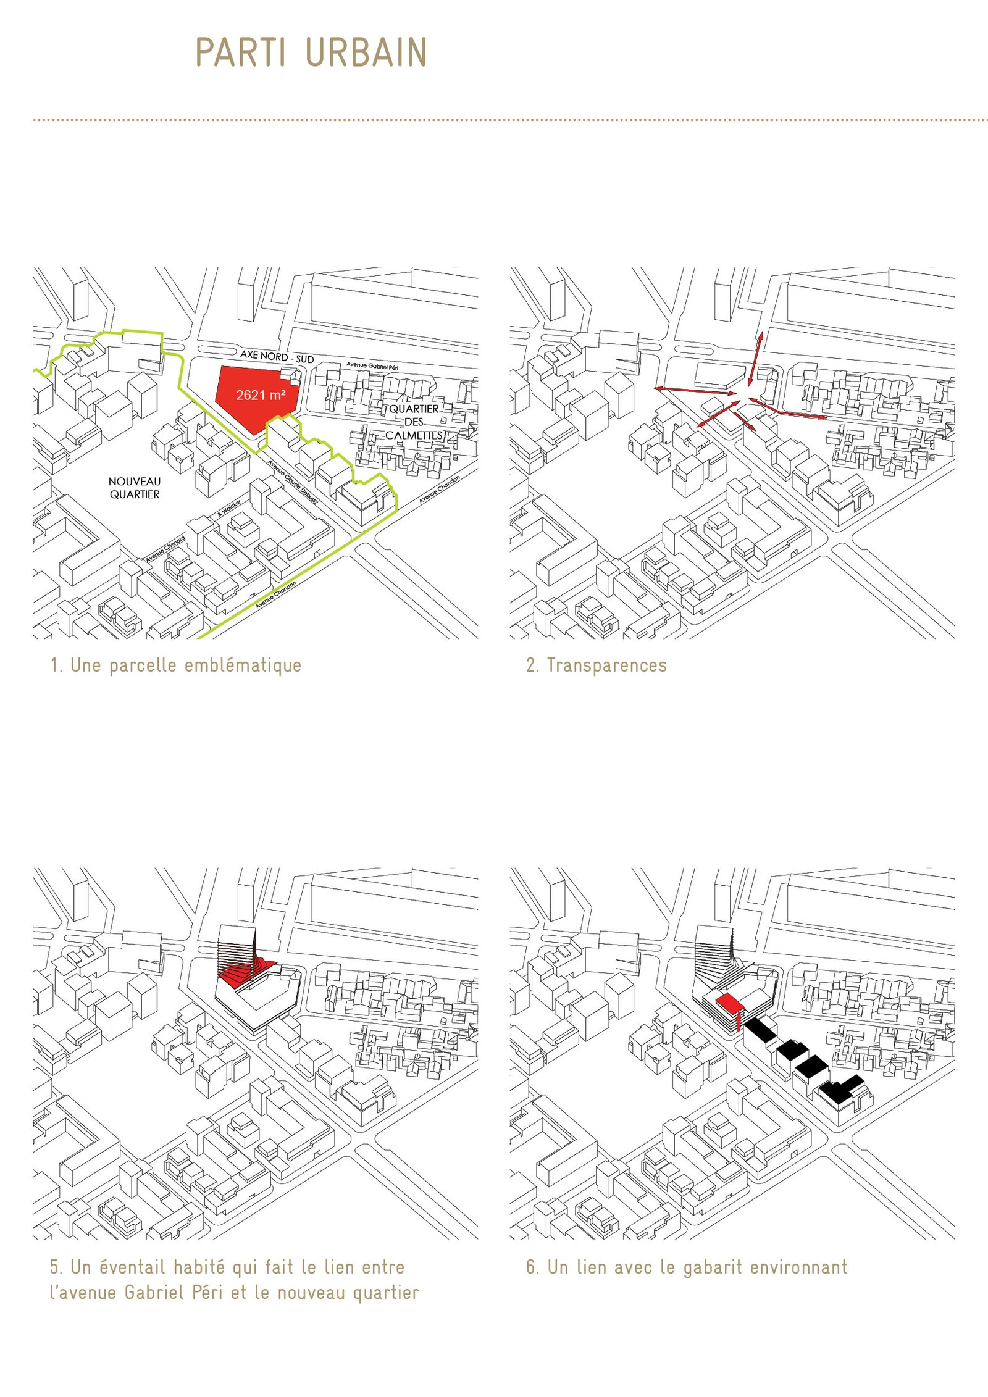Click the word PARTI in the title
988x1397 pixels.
[x=240, y=52]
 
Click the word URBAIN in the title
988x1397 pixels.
[x=367, y=52]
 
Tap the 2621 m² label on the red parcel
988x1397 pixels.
[x=261, y=395]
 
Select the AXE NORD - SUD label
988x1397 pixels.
[x=277, y=356]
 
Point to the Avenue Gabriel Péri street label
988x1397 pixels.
[x=372, y=366]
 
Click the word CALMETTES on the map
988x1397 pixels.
[x=414, y=435]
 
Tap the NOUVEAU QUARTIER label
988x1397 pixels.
[x=135, y=488]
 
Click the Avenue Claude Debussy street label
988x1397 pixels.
[x=293, y=482]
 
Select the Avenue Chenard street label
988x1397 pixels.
[x=165, y=548]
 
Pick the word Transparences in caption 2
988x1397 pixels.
[x=607, y=665]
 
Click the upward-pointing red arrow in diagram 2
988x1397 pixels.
[x=755, y=359]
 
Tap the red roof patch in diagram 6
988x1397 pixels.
[x=729, y=1003]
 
